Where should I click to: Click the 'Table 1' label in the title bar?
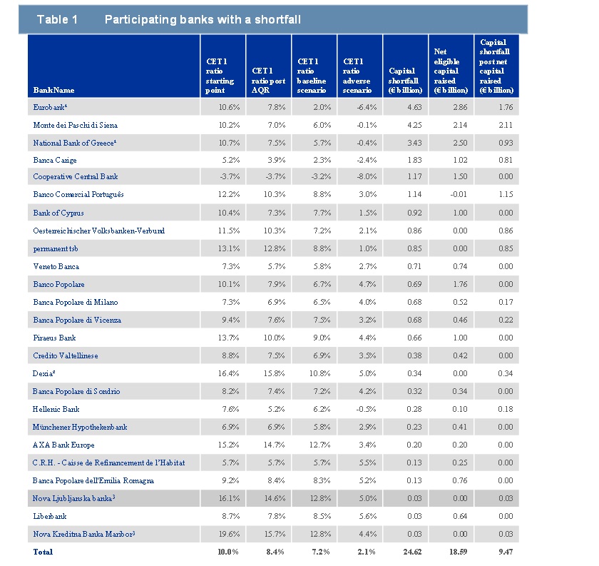(x=57, y=19)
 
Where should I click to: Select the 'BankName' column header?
(x=53, y=90)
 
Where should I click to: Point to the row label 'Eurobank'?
(x=50, y=107)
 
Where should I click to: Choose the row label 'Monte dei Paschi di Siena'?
(x=76, y=125)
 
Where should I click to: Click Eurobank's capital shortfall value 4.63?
(x=414, y=107)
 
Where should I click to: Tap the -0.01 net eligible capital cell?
(x=459, y=194)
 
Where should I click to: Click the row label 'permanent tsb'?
(x=56, y=249)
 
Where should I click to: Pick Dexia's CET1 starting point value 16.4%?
(x=228, y=373)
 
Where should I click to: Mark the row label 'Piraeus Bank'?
(x=54, y=338)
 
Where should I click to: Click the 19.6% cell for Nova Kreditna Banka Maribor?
(x=229, y=534)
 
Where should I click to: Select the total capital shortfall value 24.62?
(x=412, y=552)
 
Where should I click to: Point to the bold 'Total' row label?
(x=43, y=552)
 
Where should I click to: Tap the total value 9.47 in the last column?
(x=506, y=552)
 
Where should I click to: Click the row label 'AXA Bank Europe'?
(x=63, y=445)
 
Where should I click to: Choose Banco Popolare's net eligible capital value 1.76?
(x=460, y=284)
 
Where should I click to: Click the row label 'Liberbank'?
(x=50, y=516)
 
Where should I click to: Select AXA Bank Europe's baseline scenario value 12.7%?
(x=320, y=445)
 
